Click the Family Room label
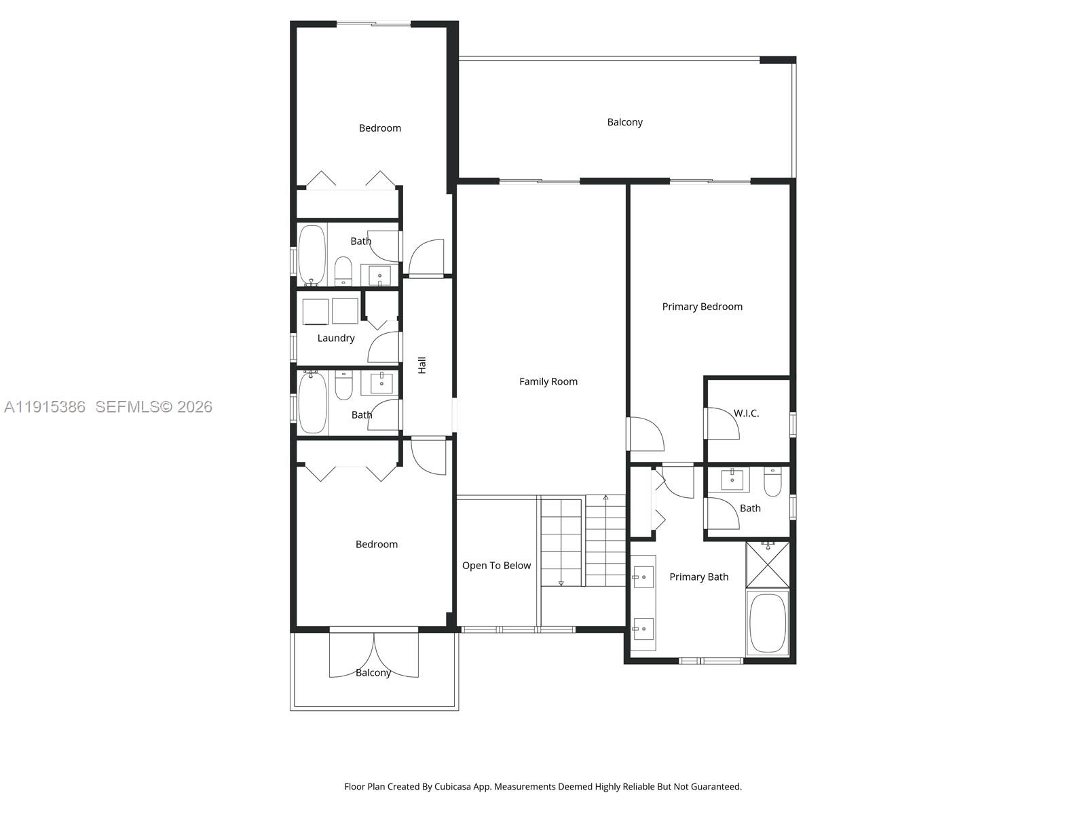(x=548, y=382)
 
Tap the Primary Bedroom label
(x=702, y=307)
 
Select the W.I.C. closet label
(x=746, y=413)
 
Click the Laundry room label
(x=336, y=338)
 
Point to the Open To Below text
(x=496, y=566)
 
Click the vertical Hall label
(x=422, y=365)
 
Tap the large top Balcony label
(x=624, y=122)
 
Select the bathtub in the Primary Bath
(x=768, y=623)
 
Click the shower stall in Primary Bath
(x=768, y=564)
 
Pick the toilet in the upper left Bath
(x=343, y=271)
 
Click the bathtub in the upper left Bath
(x=312, y=254)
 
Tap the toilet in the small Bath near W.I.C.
(x=773, y=482)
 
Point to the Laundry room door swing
(x=383, y=347)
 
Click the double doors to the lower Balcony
(x=373, y=655)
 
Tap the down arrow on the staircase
(x=561, y=583)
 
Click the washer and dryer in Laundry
(x=331, y=311)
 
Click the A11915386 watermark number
(x=45, y=407)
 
